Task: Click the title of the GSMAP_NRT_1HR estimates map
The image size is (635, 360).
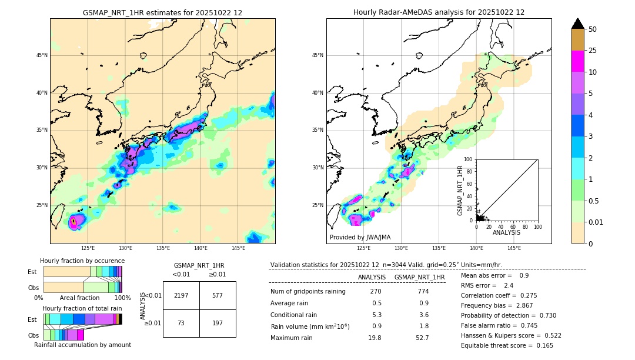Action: (x=162, y=12)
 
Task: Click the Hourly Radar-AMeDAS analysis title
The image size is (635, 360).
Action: (x=439, y=12)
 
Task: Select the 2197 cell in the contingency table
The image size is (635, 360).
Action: (x=181, y=295)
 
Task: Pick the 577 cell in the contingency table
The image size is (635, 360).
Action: (x=218, y=295)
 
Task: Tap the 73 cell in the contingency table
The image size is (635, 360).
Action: (x=181, y=324)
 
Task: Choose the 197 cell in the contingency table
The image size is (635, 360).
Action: (x=218, y=324)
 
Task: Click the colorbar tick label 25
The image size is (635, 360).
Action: (x=593, y=51)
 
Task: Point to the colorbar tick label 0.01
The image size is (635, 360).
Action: (x=596, y=222)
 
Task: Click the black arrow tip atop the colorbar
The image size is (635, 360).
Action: (x=578, y=23)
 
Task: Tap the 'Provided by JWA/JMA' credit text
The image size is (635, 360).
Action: (x=360, y=238)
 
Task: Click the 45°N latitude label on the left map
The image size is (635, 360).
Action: (x=42, y=55)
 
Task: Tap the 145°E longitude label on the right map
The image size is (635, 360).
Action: (x=514, y=248)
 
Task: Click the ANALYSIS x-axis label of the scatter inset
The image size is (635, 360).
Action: (x=506, y=233)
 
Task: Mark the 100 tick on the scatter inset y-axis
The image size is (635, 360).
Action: (x=469, y=159)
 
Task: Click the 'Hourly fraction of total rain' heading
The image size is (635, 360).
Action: (x=82, y=308)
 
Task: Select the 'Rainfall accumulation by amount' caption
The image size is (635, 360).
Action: (x=82, y=345)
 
